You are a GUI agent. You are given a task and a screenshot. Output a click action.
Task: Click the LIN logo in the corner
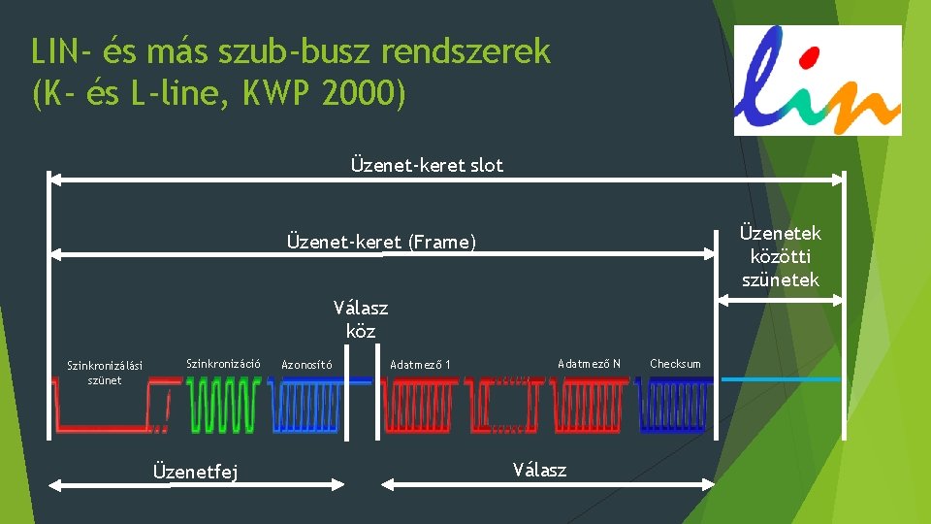(818, 80)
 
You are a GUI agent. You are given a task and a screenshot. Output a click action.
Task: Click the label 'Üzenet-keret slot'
(427, 165)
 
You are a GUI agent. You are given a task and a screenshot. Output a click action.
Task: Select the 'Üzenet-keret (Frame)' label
(381, 242)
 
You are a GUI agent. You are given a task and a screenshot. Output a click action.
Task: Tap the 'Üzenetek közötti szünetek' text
(780, 256)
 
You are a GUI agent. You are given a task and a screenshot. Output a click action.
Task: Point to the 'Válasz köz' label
(360, 319)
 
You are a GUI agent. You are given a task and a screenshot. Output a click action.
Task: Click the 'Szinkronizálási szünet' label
(104, 373)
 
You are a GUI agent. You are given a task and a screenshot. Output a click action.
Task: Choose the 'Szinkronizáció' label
(223, 364)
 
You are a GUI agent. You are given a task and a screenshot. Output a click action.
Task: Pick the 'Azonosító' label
(306, 365)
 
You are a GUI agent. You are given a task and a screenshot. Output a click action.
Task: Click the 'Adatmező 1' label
(421, 365)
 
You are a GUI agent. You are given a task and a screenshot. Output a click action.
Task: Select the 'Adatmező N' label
(589, 364)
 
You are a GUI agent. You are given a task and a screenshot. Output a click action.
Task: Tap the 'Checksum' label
(675, 364)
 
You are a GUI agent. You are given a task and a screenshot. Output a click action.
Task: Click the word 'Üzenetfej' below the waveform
(196, 472)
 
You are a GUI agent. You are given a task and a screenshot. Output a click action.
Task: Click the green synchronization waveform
(223, 405)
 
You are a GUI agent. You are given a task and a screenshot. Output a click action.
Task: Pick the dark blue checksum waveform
(673, 405)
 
